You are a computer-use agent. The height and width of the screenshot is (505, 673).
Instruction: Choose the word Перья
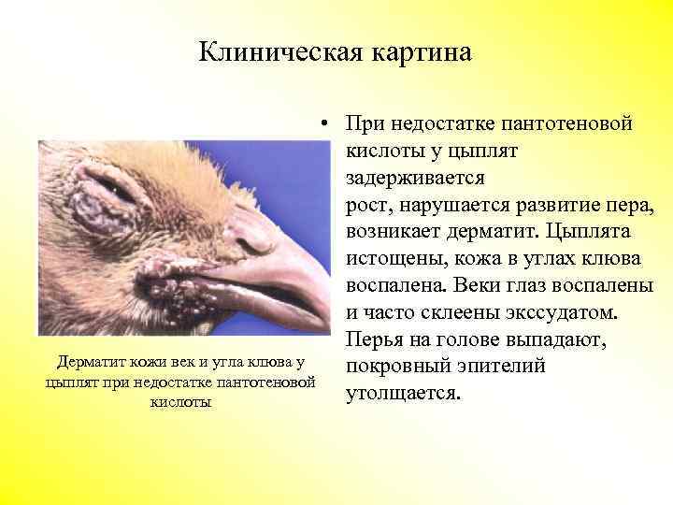click(375, 339)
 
